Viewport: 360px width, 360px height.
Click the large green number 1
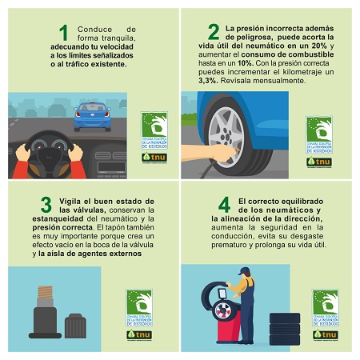(64, 33)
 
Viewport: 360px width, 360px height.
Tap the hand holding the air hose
(197, 154)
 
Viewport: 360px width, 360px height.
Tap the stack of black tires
(283, 328)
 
